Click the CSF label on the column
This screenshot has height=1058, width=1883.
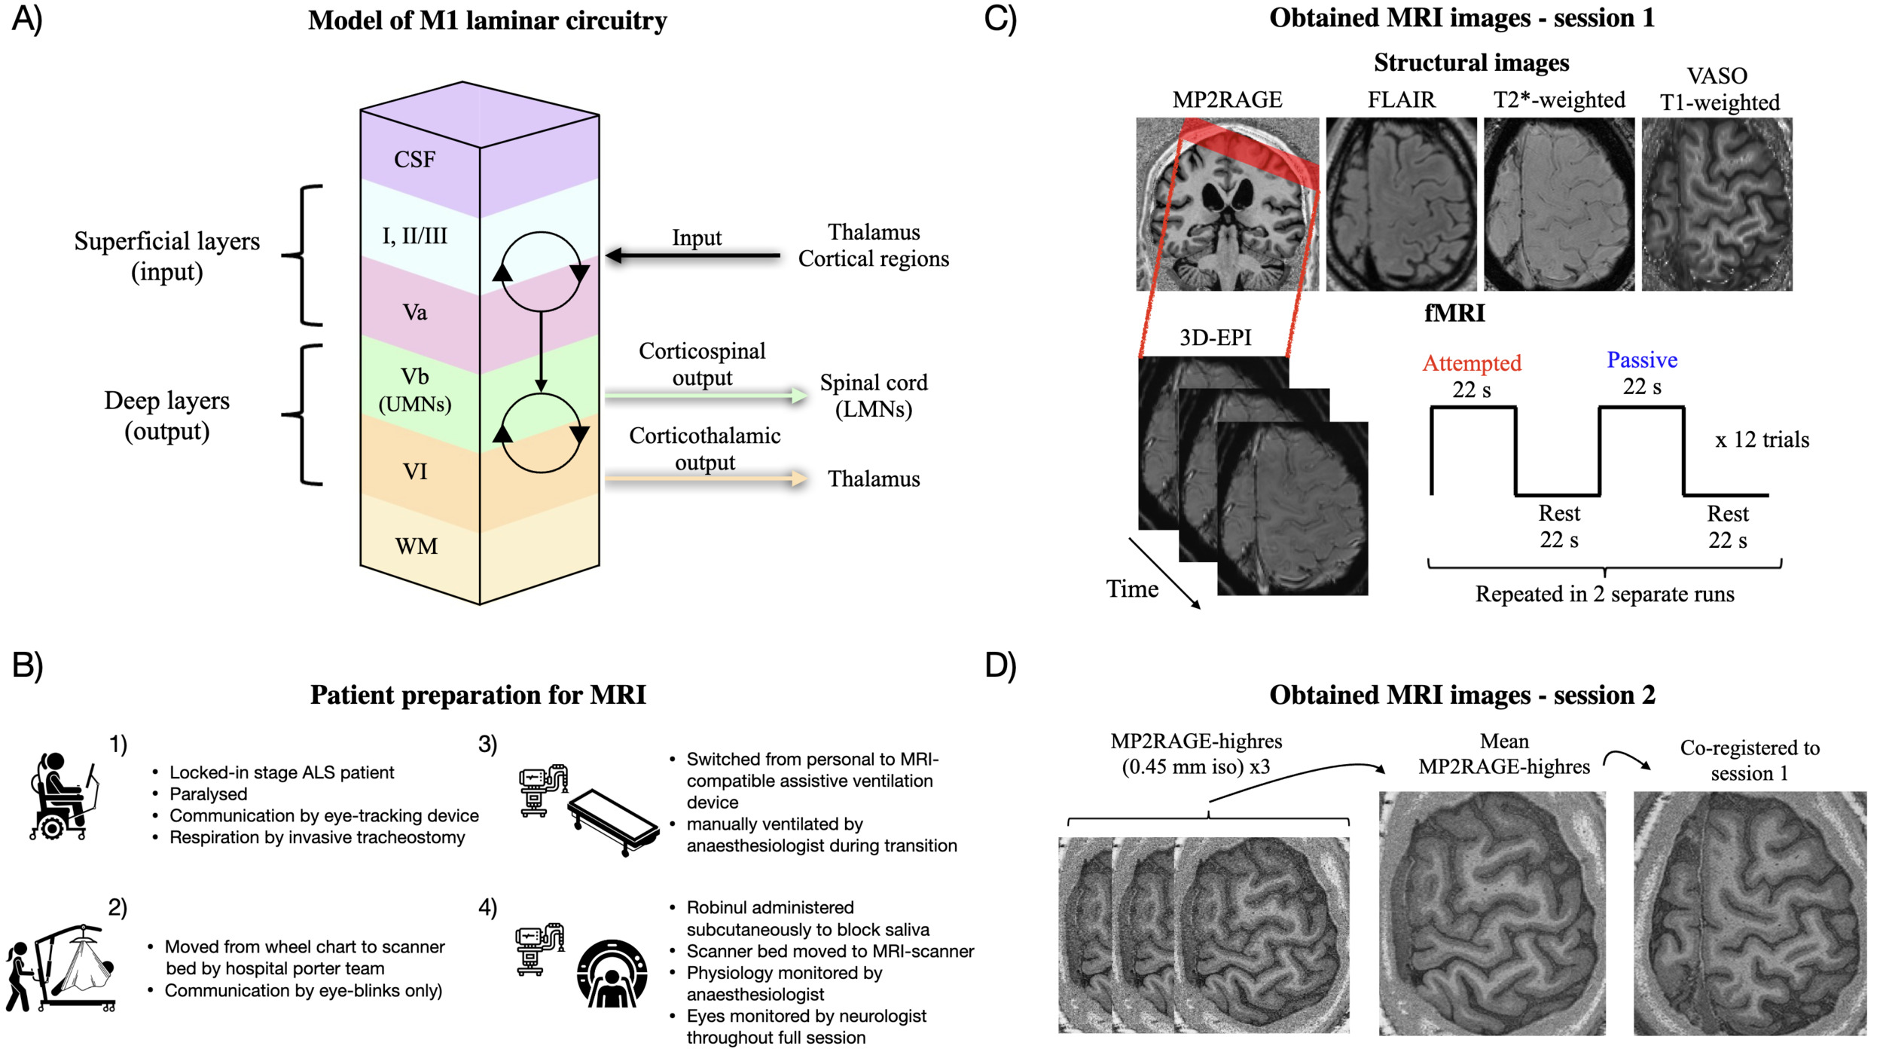click(x=414, y=160)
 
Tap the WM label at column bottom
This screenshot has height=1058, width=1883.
click(x=416, y=546)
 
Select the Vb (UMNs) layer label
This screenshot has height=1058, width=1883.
click(x=414, y=390)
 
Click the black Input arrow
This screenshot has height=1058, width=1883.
click(x=693, y=256)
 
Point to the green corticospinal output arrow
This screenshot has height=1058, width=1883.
click(x=705, y=396)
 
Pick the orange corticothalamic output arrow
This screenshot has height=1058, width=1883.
click(x=705, y=479)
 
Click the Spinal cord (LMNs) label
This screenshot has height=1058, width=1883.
click(x=874, y=396)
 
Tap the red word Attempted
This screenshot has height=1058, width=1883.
click(x=1471, y=363)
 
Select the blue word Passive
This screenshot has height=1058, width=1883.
click(x=1641, y=360)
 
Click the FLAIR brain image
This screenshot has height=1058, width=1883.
click(x=1400, y=203)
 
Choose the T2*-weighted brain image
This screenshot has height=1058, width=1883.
click(x=1558, y=203)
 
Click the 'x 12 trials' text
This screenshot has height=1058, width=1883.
click(x=1762, y=439)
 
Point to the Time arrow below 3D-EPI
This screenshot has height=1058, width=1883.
click(x=1164, y=573)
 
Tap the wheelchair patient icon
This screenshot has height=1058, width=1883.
click(x=62, y=797)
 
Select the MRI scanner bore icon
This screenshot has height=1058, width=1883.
click(x=612, y=974)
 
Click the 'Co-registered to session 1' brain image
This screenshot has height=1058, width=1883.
click(x=1749, y=913)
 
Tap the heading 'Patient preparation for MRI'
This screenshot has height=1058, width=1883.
click(x=478, y=695)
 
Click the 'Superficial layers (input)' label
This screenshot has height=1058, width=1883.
click(x=166, y=256)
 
